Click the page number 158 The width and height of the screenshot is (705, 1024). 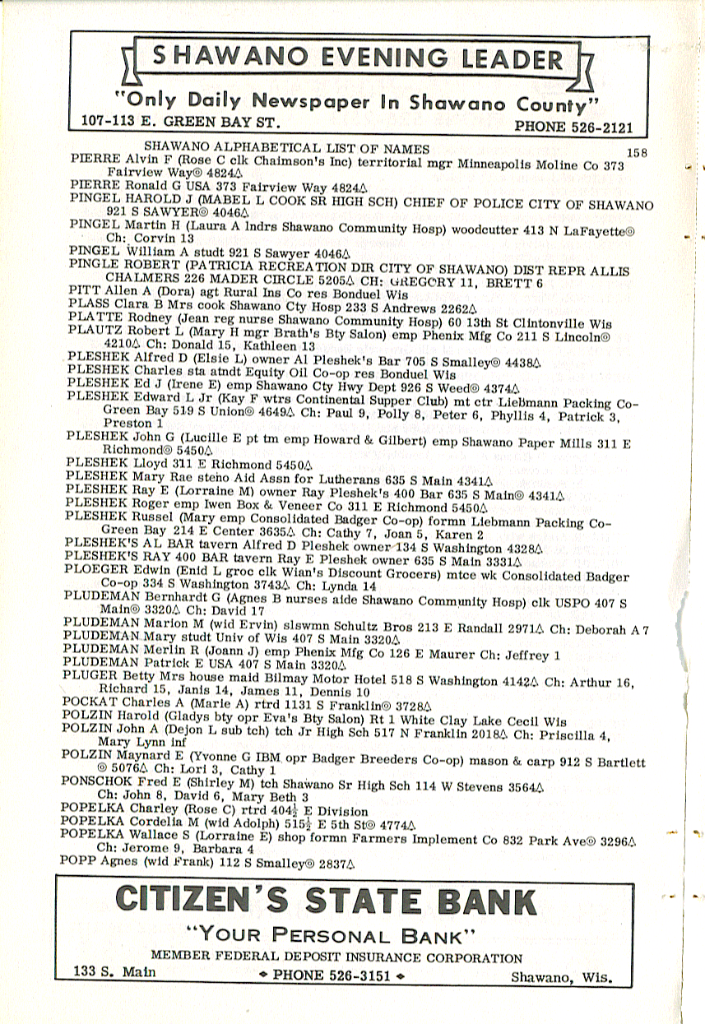[638, 151]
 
